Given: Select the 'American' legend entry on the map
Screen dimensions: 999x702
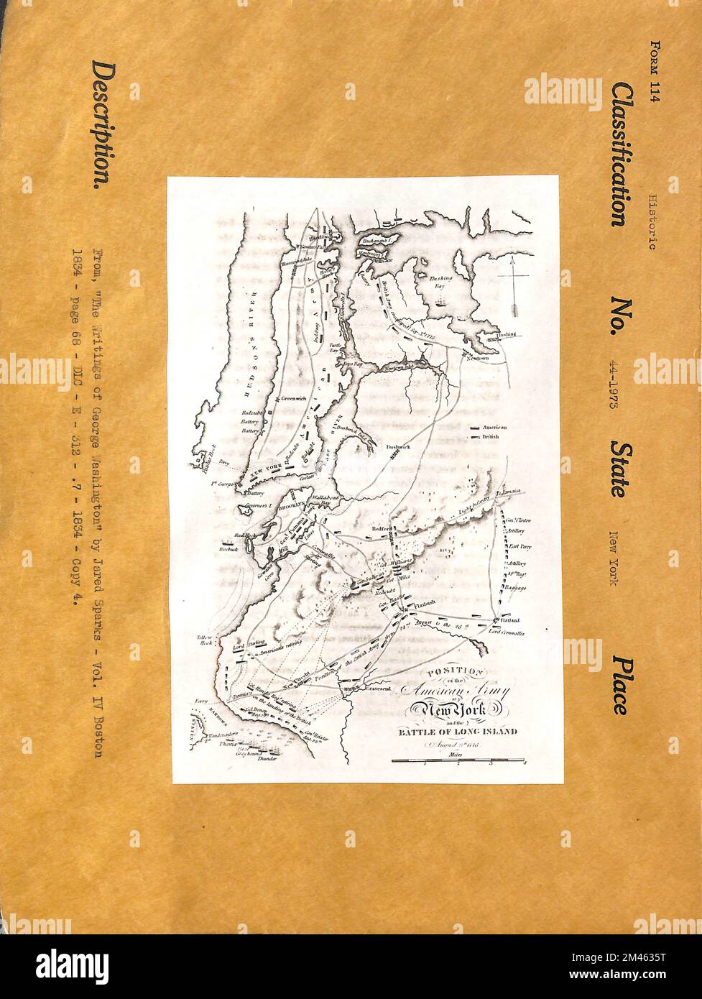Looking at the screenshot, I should (494, 428).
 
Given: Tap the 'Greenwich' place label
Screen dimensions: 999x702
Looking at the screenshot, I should (293, 399).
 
